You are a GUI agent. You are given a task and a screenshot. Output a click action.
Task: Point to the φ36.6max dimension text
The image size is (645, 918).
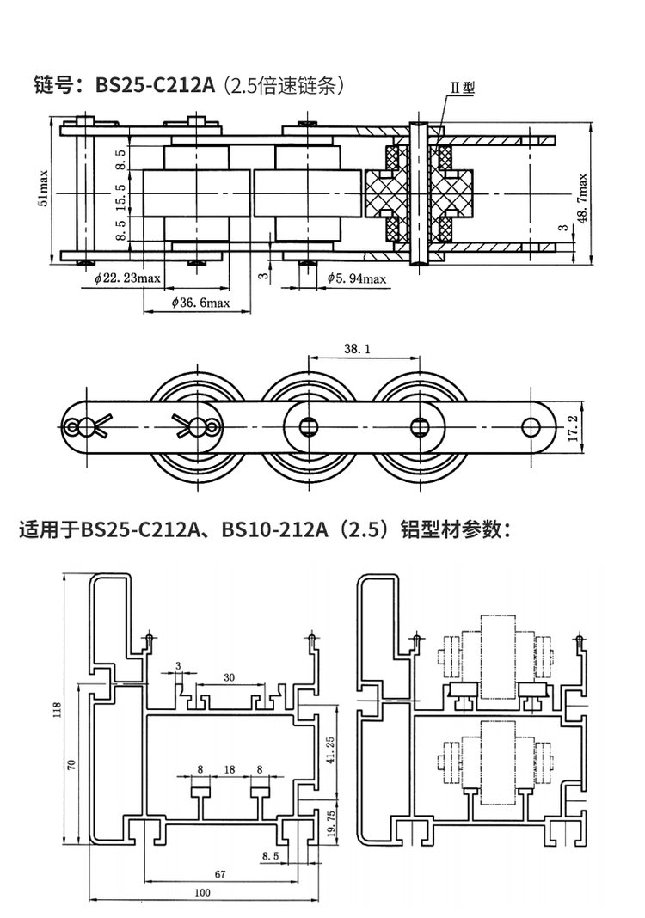tap(200, 303)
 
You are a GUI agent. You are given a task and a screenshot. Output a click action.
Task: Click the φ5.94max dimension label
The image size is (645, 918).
tap(357, 278)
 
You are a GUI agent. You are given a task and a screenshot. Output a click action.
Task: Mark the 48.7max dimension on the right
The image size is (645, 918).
tap(582, 198)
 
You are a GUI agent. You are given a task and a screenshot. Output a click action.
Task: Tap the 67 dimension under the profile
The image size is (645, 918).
tap(220, 874)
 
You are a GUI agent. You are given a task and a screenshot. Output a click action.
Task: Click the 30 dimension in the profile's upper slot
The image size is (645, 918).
tap(229, 677)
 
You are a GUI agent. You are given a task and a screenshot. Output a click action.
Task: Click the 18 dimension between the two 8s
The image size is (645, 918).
tap(229, 769)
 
